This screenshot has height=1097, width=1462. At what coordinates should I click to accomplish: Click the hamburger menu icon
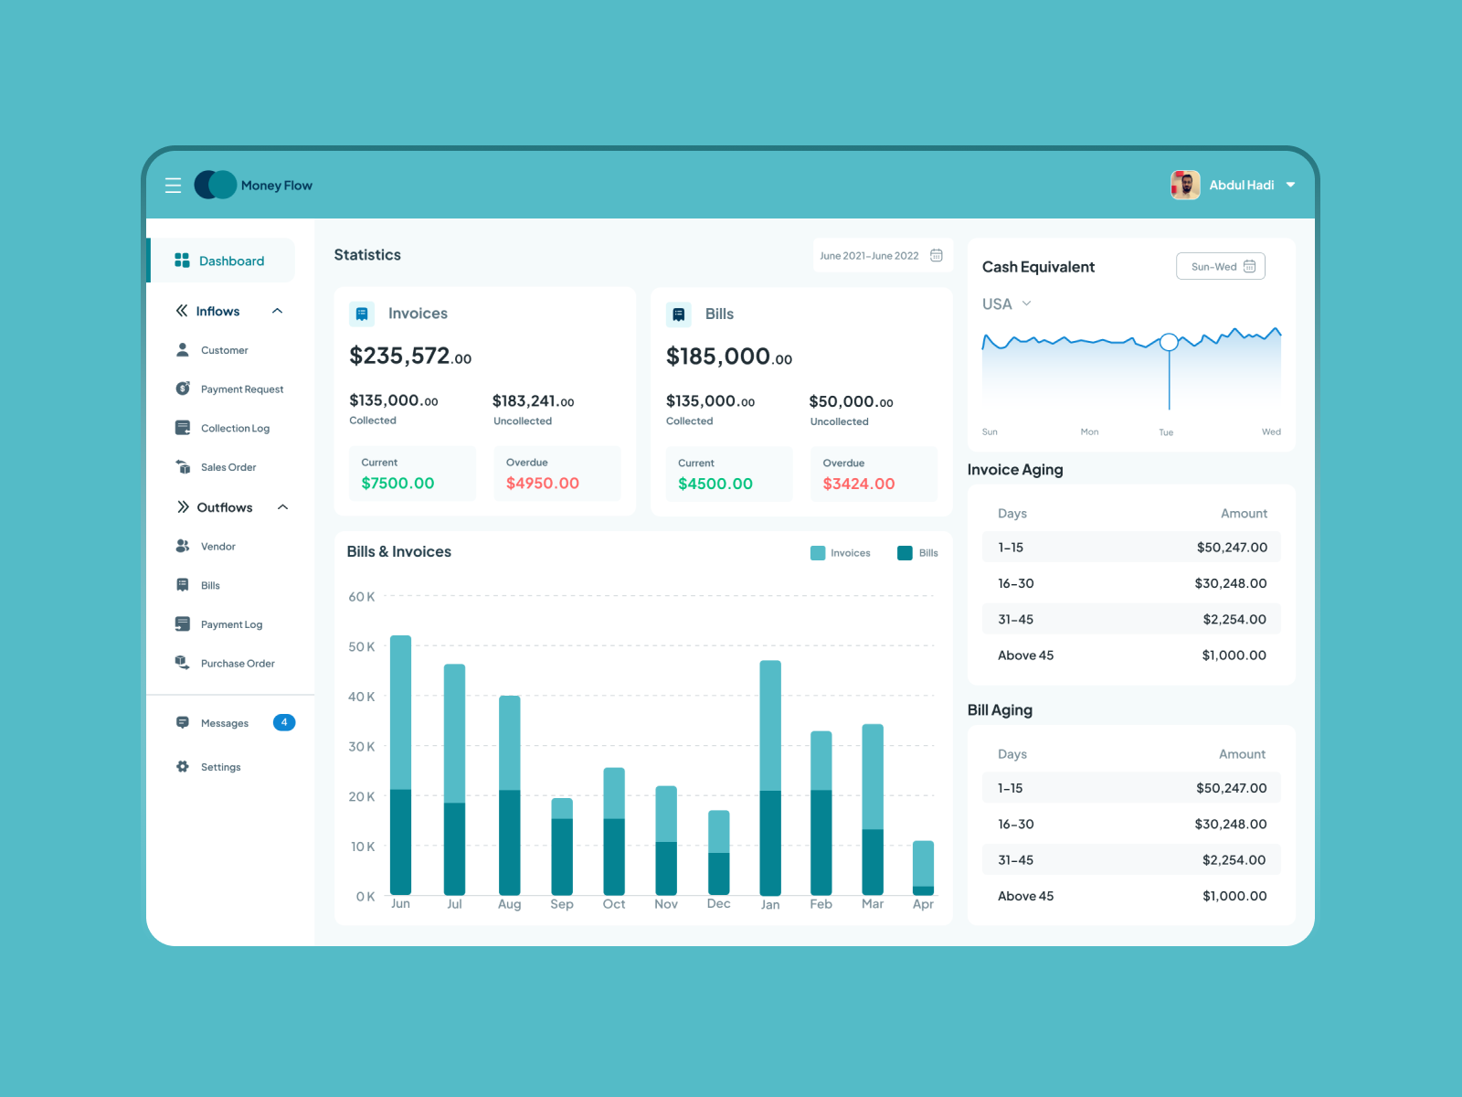coord(173,186)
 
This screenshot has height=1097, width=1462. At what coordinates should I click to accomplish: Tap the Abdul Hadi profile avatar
coord(1185,185)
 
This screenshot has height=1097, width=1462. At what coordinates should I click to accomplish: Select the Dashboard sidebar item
coord(231,261)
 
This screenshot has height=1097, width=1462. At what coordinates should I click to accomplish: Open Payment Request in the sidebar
coord(241,389)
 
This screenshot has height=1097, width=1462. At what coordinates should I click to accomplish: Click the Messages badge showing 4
coord(284,723)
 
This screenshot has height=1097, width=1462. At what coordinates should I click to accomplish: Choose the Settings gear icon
coord(183,767)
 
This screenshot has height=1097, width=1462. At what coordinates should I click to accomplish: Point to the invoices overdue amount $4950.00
coord(543,484)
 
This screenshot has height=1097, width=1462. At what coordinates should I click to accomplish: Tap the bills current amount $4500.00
coord(715,485)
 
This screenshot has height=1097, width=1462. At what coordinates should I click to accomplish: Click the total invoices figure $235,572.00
coord(410,357)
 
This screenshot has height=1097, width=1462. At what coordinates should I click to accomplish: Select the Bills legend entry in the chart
coord(918,553)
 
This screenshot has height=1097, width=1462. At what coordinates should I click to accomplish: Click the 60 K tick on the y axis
coord(362,597)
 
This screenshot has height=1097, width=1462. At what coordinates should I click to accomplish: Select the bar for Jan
coord(770,777)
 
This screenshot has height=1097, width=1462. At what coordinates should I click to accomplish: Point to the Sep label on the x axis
coord(562,904)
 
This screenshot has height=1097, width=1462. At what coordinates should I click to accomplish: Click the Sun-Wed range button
coord(1221,267)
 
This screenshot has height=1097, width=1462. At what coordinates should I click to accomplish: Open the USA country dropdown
coord(1006,304)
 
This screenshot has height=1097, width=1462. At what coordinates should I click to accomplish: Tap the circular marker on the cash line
coord(1169,343)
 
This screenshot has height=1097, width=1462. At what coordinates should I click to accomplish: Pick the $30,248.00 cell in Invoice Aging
coord(1230,584)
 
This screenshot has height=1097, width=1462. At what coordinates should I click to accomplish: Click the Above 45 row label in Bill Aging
coord(1025,897)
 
